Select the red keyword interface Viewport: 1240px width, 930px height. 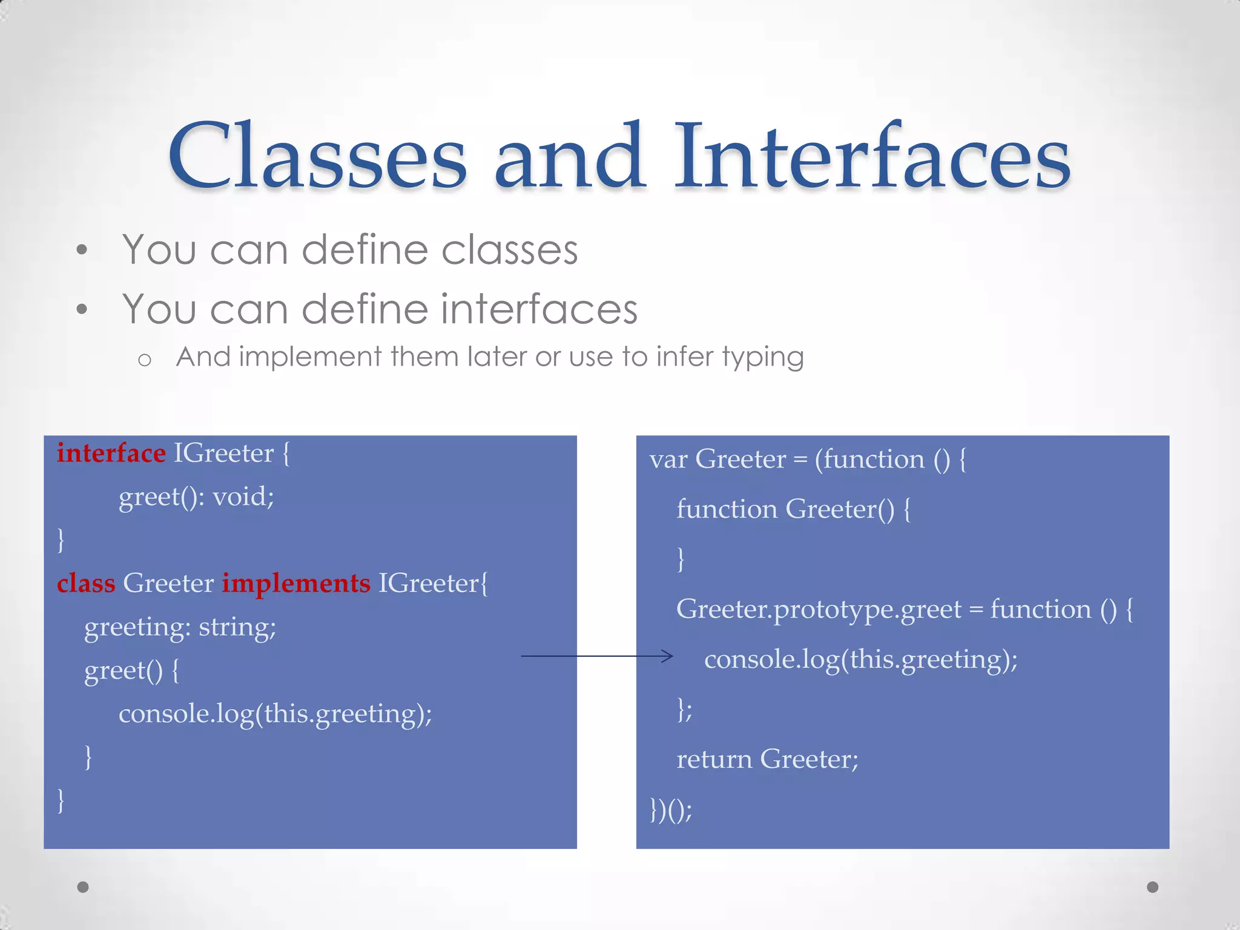tap(111, 453)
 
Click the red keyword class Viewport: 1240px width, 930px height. tap(85, 583)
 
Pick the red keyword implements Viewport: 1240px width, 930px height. tap(295, 583)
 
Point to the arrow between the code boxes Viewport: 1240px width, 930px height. tap(596, 656)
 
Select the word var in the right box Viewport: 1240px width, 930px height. tap(668, 460)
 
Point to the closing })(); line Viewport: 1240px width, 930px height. tap(670, 809)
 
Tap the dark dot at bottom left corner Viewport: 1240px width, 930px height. tap(83, 887)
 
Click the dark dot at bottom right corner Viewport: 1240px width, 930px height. tap(1153, 887)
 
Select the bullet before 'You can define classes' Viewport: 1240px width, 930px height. tap(82, 249)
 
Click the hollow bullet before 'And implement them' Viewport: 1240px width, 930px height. tap(144, 360)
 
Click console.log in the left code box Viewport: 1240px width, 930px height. tap(186, 714)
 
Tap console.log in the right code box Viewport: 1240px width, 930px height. tap(772, 659)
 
